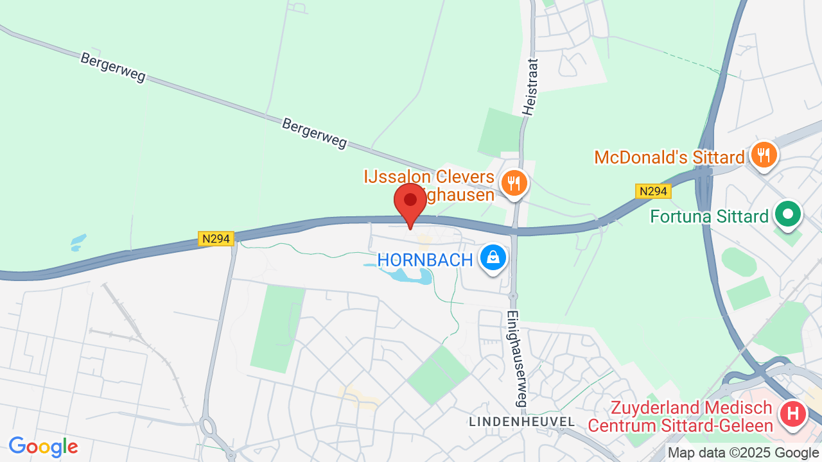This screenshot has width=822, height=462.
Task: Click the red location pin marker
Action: point(410,203)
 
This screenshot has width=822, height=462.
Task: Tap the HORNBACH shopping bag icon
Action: point(493,258)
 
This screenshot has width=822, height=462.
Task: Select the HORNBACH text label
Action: point(425,260)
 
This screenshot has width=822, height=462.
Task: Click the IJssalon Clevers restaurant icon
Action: point(513,182)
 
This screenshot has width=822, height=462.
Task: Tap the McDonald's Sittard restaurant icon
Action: point(764,155)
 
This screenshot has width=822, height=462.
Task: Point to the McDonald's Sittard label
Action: point(669,157)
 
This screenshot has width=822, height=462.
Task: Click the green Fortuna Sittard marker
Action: point(787,214)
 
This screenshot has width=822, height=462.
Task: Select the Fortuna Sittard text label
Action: point(709,216)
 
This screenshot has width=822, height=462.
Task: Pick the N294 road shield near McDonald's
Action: point(653,191)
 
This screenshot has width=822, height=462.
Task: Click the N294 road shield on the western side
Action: point(216,239)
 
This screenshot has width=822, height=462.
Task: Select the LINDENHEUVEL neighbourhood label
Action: point(521,422)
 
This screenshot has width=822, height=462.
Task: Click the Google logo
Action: point(43,447)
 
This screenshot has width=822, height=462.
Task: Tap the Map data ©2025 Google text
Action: point(744,452)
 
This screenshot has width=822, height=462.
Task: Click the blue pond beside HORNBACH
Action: point(411,277)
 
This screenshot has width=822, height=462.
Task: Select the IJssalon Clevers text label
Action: point(429,185)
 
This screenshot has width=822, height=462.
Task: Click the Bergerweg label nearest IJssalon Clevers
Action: point(314,133)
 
